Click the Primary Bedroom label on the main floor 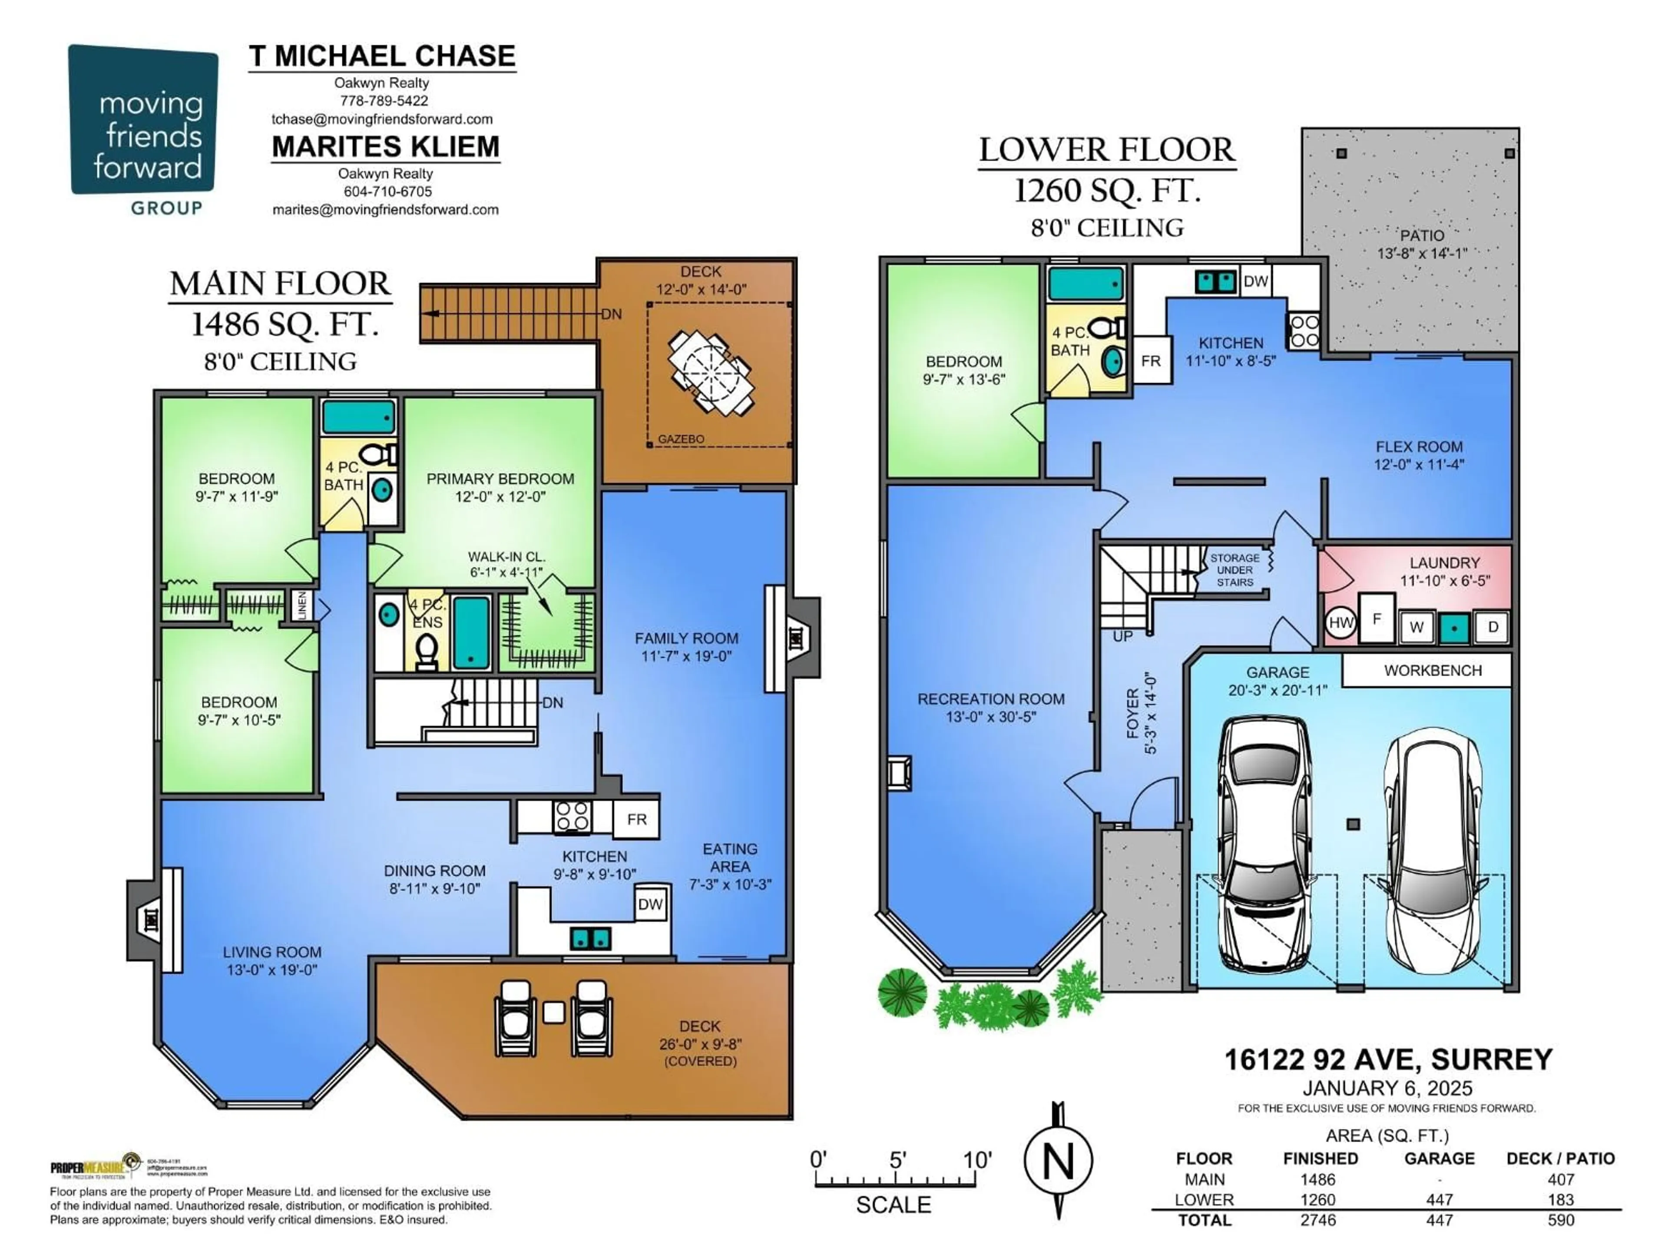pos(500,479)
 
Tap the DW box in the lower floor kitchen pos(1255,281)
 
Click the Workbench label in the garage pos(1433,670)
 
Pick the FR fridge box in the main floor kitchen pos(636,819)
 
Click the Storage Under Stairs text pos(1234,570)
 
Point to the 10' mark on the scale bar pos(976,1160)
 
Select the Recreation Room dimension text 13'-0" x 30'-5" pos(991,717)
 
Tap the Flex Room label pos(1418,447)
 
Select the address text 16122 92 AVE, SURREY pos(1387,1059)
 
